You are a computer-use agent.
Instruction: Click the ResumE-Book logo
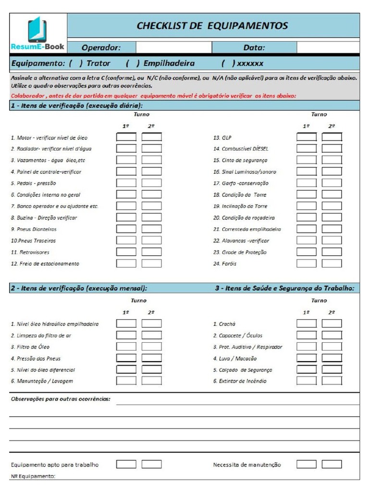tap(38, 33)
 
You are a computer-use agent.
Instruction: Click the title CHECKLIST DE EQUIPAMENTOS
tap(212, 26)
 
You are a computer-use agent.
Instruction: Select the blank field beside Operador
tap(173, 48)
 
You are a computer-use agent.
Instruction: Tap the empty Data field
tap(327, 48)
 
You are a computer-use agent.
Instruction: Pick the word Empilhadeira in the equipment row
tap(169, 64)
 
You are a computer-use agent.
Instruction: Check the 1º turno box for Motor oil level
tap(126, 137)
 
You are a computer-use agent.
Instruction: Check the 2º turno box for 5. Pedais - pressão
tap(152, 183)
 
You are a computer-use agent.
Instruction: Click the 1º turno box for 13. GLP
tap(307, 137)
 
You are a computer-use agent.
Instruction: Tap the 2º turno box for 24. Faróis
tap(332, 263)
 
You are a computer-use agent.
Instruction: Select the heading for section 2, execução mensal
tap(79, 288)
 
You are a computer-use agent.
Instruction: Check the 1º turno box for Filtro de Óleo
tap(126, 347)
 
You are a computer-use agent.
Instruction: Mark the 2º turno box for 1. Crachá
tap(332, 324)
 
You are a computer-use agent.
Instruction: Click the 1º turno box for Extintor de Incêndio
tap(307, 381)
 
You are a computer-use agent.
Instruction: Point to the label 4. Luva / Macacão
tap(235, 359)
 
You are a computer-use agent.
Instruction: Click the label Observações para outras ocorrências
tap(61, 399)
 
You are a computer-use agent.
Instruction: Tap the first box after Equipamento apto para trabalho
tap(126, 465)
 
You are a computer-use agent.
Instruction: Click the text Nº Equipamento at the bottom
tap(33, 477)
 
